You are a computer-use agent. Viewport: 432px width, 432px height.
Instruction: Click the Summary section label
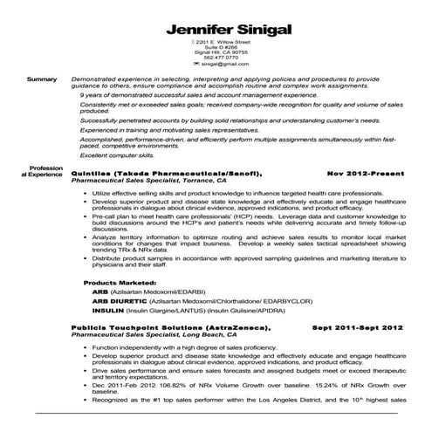[41, 79]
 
